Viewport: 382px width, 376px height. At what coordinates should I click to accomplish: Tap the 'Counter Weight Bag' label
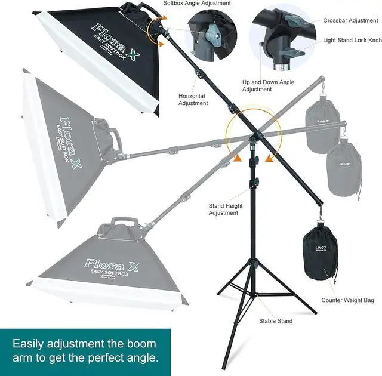click(348, 300)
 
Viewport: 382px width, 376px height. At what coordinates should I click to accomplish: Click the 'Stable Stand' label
click(276, 321)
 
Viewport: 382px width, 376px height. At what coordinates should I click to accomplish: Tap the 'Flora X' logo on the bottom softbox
click(112, 263)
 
